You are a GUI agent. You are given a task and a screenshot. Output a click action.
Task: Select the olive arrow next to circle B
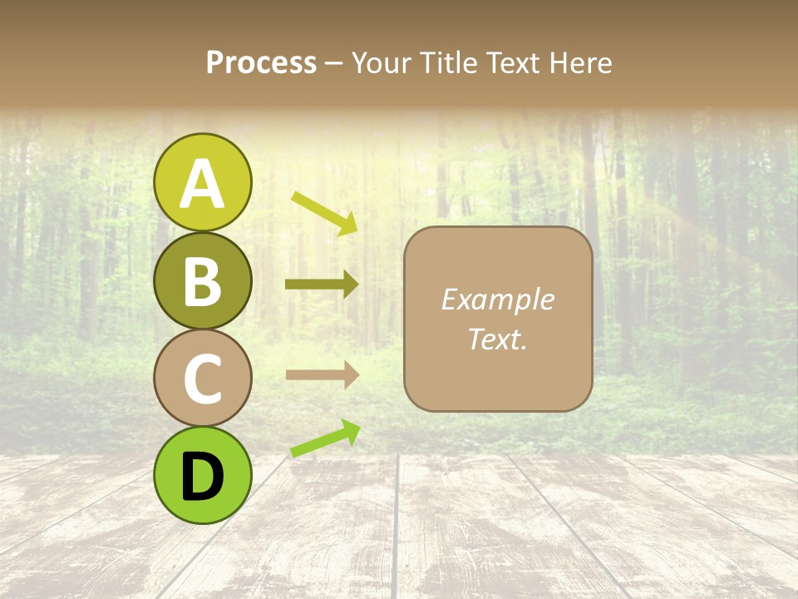322,285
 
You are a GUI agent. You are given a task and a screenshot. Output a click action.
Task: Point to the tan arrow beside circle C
322,375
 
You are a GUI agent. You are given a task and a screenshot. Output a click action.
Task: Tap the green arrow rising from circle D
325,438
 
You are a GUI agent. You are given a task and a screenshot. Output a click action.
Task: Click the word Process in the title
261,62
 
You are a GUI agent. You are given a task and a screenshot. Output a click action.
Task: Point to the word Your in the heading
382,62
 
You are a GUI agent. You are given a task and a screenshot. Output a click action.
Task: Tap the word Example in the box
497,299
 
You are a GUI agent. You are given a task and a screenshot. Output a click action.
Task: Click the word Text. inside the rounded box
497,339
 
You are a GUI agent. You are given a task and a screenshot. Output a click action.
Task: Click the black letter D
202,477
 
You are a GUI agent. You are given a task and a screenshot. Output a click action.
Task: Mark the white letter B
202,282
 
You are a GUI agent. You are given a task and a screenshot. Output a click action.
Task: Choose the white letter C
202,379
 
